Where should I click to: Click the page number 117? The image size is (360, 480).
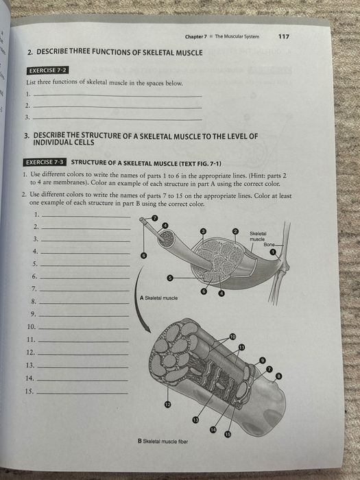pos(285,36)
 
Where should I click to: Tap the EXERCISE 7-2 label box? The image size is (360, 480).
pos(47,70)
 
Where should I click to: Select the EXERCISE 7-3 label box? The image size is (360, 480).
pos(45,163)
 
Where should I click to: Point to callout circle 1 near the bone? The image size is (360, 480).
pos(273,252)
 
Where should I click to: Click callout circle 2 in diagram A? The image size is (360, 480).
pos(235,233)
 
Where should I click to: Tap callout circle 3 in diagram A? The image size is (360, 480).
pos(203,233)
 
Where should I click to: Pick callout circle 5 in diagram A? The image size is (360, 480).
pos(170,278)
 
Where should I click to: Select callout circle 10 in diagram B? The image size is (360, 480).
pos(232,336)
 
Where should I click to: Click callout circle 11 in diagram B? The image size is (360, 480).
pos(241,348)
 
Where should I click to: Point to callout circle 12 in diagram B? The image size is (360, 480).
pos(167,405)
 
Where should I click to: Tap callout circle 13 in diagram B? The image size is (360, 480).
pos(195,419)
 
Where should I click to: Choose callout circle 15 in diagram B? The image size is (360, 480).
pos(228,435)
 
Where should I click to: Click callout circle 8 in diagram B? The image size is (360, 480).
pos(278,376)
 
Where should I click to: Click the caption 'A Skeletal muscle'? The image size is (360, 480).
pos(158,298)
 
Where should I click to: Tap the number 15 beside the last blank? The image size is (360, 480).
pos(29,391)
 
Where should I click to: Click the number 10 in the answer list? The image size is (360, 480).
pos(30,326)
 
